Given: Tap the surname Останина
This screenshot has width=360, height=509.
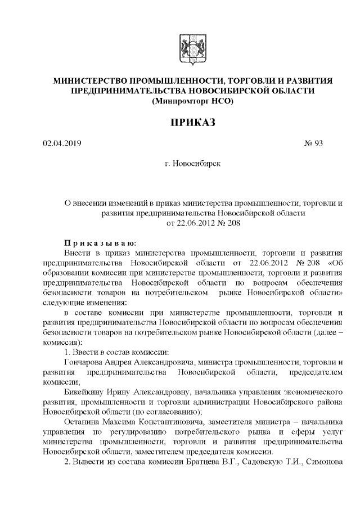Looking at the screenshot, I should pos(82,422).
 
